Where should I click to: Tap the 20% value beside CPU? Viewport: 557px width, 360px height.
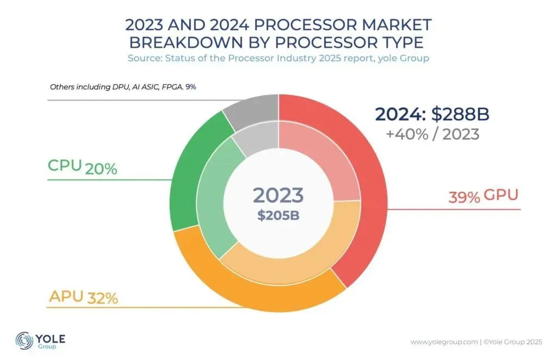101,169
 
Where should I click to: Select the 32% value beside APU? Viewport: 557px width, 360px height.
103,298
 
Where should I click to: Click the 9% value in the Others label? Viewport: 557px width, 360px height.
190,86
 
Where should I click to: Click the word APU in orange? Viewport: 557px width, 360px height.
66,296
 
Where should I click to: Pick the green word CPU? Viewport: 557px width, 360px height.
64,166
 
